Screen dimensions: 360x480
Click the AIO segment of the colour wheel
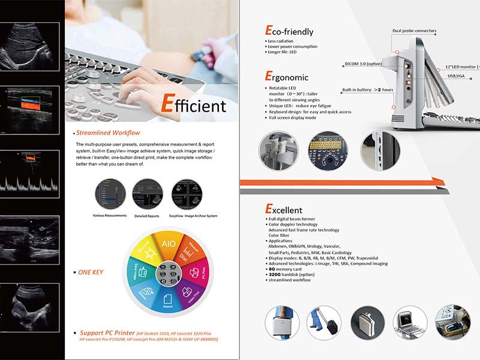(x=169, y=245)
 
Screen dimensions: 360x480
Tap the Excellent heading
(x=287, y=210)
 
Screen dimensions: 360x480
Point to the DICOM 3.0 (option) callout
(x=364, y=63)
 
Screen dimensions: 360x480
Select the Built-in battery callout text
(x=368, y=90)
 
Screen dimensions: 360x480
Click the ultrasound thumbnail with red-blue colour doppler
(x=30, y=109)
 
